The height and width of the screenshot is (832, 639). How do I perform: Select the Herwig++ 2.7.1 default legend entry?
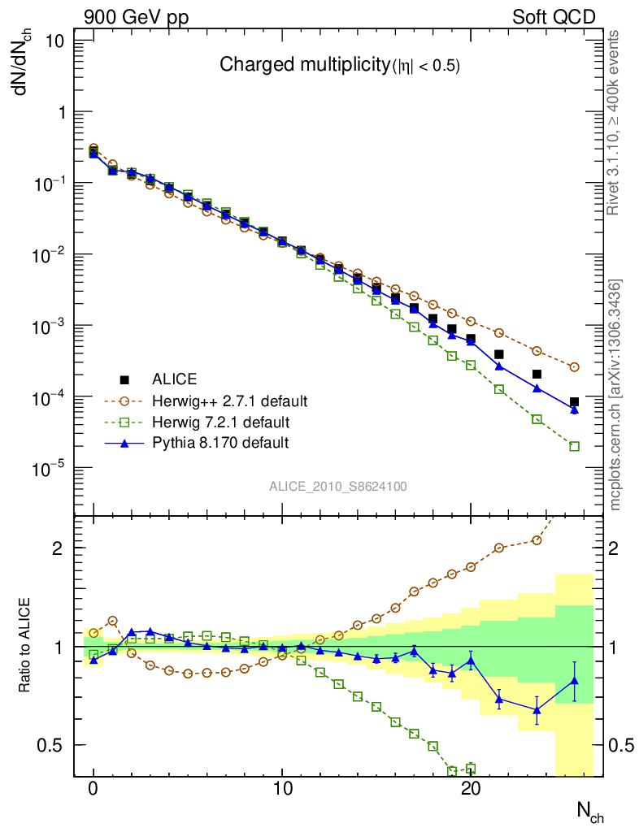pyautogui.click(x=229, y=401)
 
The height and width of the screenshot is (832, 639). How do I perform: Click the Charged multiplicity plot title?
pyautogui.click(x=340, y=66)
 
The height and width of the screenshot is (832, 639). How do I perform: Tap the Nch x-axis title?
pyautogui.click(x=589, y=813)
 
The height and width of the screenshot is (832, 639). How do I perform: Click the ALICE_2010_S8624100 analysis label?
pyautogui.click(x=338, y=487)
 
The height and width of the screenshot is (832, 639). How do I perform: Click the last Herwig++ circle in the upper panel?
pyautogui.click(x=575, y=367)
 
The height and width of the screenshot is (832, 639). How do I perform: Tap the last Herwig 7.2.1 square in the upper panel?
pyautogui.click(x=575, y=446)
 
